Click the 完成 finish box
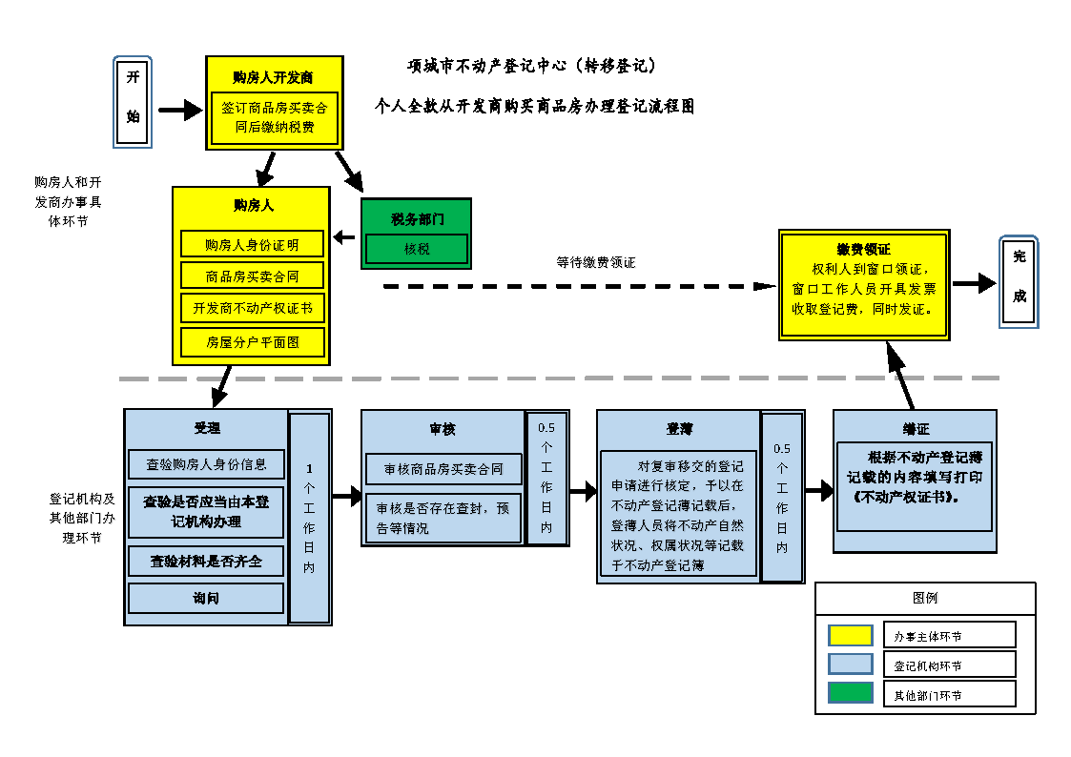1019,282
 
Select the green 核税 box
417,249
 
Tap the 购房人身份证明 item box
252,244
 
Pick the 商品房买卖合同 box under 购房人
252,276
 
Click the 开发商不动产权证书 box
252,308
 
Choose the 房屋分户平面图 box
252,341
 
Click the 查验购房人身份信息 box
206,464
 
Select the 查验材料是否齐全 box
206,562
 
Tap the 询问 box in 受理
206,598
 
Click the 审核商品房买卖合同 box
443,469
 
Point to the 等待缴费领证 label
595,262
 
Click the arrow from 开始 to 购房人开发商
179,112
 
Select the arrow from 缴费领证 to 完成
973,283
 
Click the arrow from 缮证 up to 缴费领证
900,376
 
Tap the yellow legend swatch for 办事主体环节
850,635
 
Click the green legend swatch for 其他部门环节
850,693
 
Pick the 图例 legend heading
924,599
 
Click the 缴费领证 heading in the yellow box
863,250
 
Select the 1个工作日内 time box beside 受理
309,518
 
